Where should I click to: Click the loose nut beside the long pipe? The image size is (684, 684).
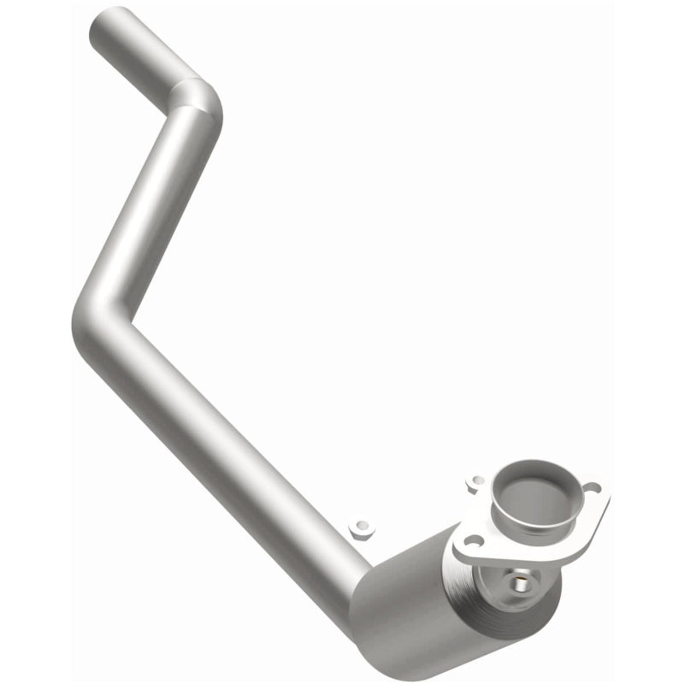point(363,530)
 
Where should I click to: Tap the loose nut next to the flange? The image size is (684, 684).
point(475,483)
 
